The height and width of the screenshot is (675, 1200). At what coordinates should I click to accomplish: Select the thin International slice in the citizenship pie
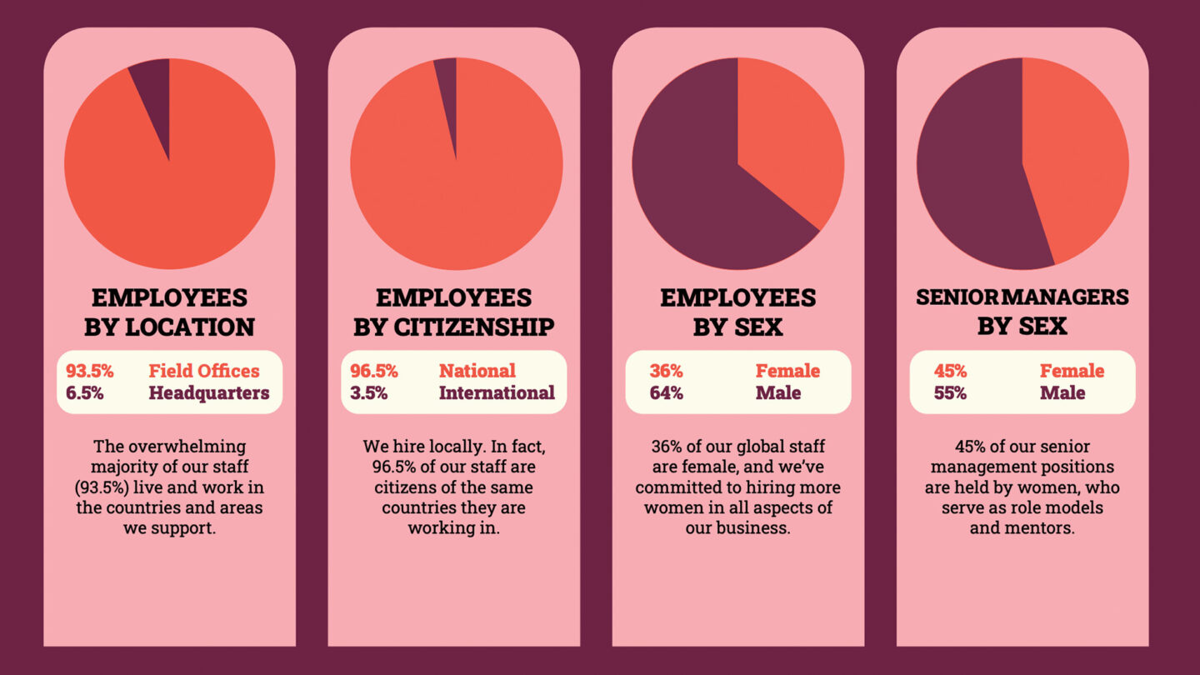click(x=447, y=92)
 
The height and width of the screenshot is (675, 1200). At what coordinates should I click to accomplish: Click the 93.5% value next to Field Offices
click(x=90, y=371)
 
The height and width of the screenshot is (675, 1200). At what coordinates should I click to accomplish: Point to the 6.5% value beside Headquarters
click(x=85, y=393)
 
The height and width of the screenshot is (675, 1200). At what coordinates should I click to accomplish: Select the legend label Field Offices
click(x=204, y=371)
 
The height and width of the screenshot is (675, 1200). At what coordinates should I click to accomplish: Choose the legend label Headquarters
click(x=209, y=393)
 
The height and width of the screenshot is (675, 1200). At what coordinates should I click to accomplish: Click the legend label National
click(x=477, y=371)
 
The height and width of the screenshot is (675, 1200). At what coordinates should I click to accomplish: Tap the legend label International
click(x=497, y=393)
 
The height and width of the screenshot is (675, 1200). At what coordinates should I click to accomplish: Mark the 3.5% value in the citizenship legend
click(x=369, y=393)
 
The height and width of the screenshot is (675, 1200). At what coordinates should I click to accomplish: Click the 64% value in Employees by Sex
click(x=667, y=393)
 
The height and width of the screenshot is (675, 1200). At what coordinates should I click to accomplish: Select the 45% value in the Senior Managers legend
click(x=951, y=371)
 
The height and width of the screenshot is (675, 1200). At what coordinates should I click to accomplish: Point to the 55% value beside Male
click(x=951, y=393)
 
